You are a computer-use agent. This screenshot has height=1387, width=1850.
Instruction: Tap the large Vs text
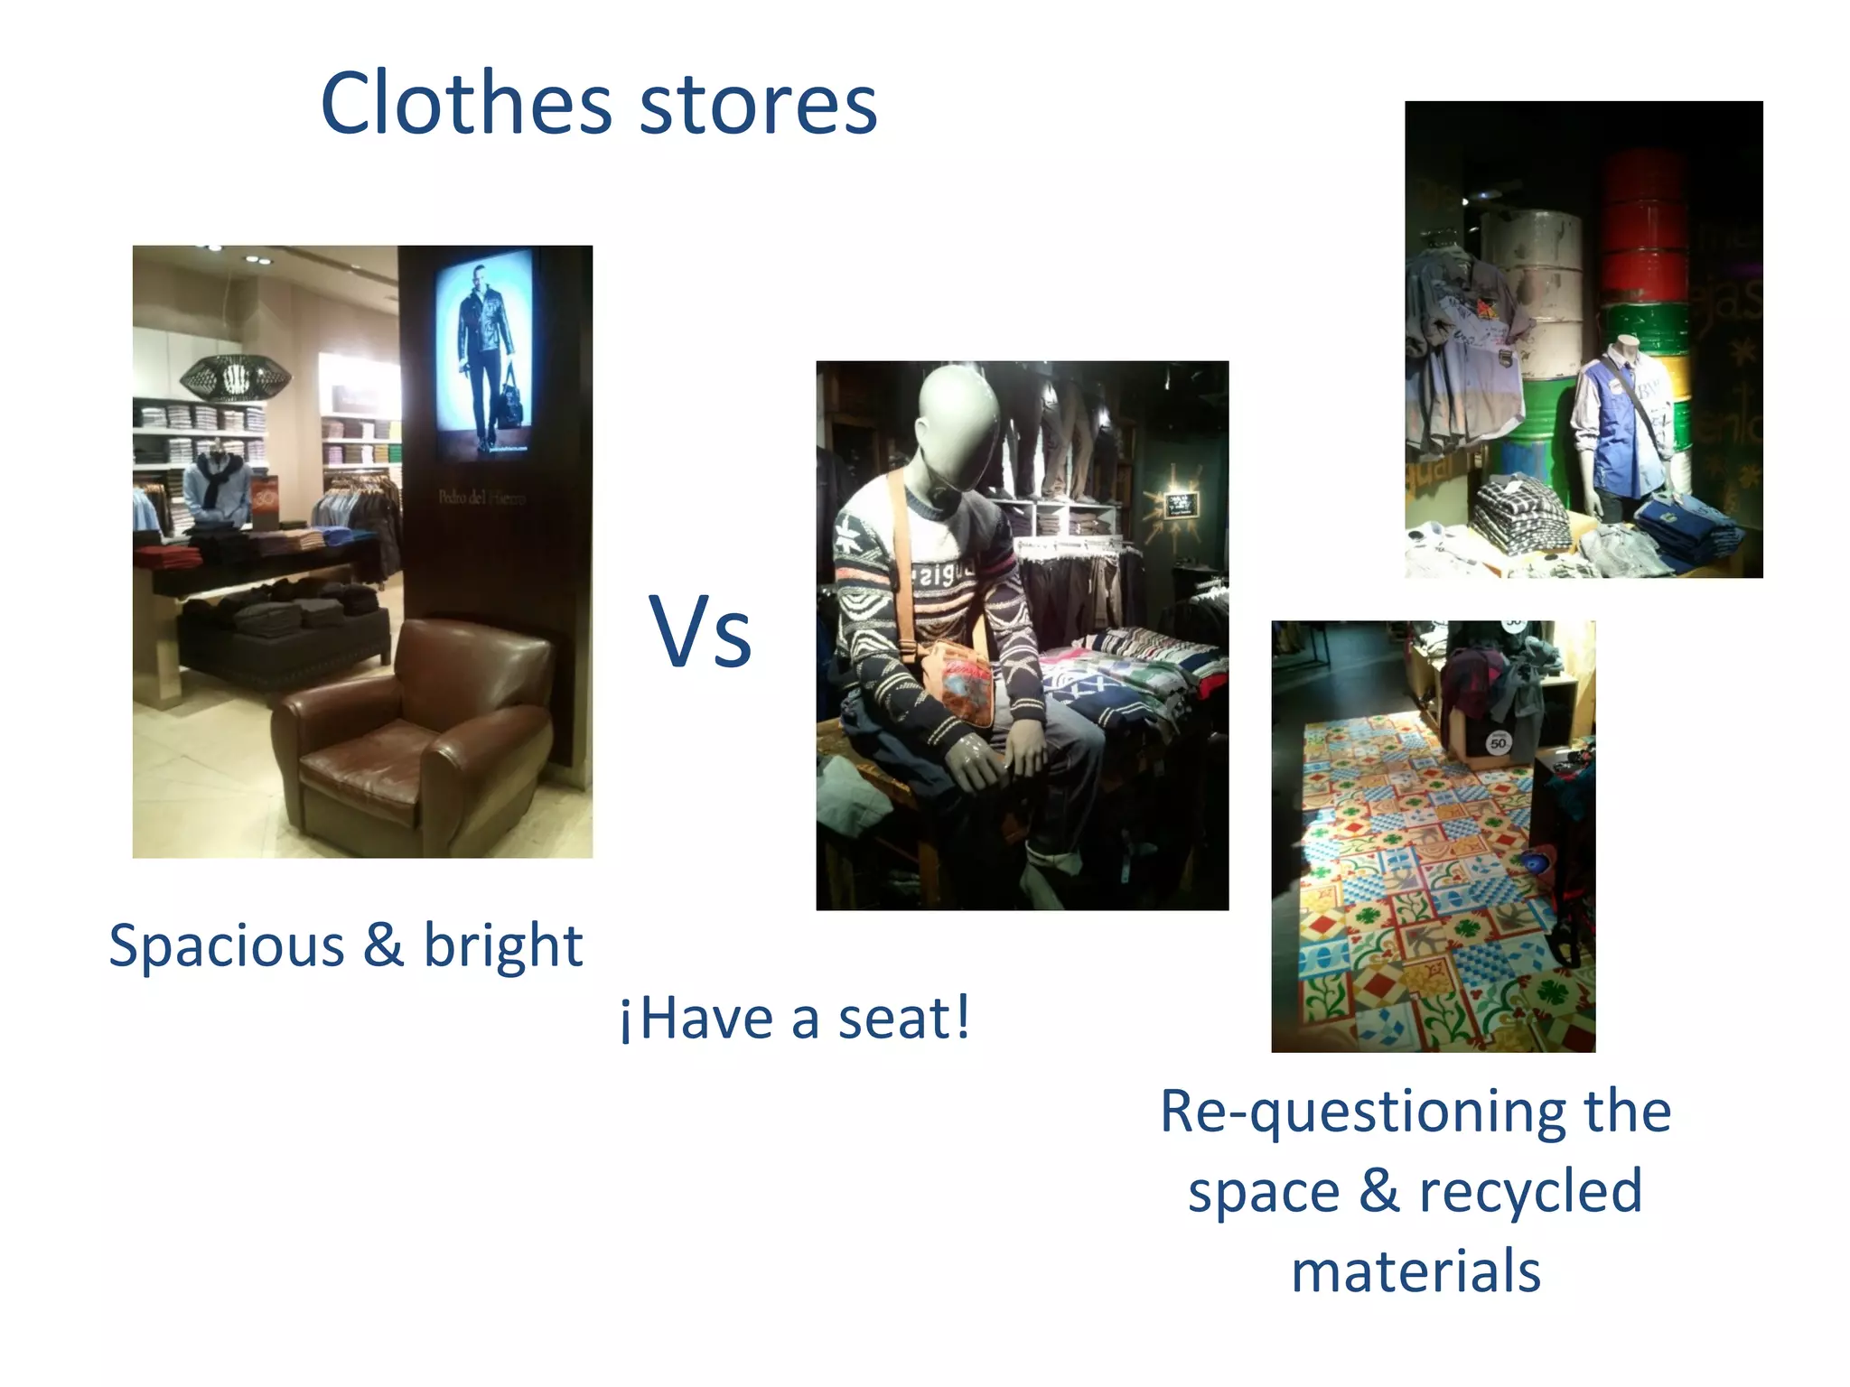pyautogui.click(x=700, y=631)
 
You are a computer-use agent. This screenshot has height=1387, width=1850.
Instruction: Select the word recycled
pyautogui.click(x=1530, y=1190)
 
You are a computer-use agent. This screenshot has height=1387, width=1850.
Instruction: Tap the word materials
pyautogui.click(x=1416, y=1271)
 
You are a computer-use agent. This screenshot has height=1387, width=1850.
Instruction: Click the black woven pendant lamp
pyautogui.click(x=235, y=378)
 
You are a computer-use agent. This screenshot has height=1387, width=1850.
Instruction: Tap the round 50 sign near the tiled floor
pyautogui.click(x=1498, y=743)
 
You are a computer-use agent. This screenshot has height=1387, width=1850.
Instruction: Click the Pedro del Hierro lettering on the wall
pyautogui.click(x=481, y=498)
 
